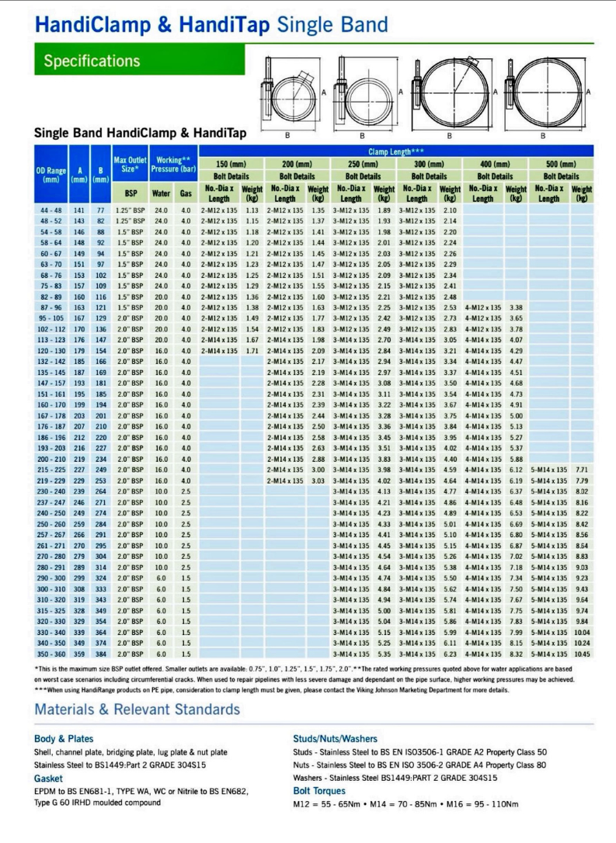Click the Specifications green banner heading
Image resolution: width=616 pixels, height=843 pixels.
(92, 61)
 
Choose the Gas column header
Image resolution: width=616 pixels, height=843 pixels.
(186, 193)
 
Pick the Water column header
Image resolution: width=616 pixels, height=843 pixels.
(161, 193)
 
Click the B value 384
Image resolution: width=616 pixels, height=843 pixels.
(101, 654)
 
